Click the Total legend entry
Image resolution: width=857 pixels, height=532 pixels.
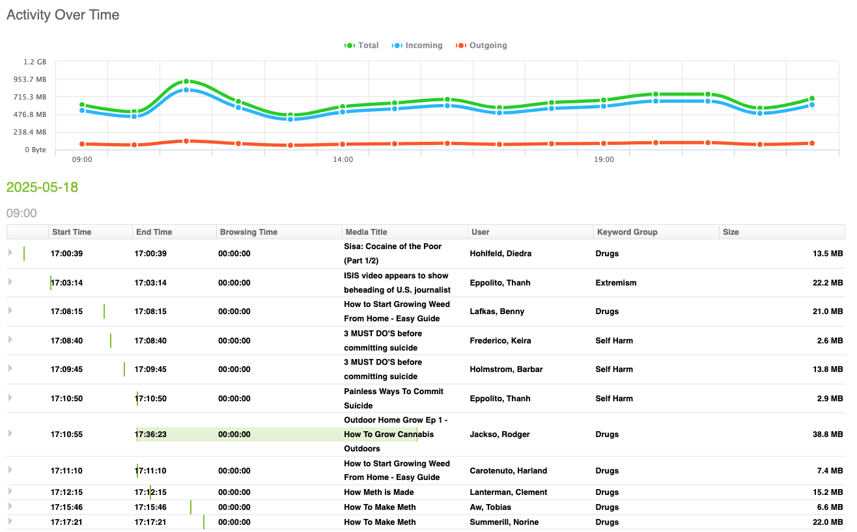[361, 46]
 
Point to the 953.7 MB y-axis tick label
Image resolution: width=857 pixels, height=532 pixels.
[31, 79]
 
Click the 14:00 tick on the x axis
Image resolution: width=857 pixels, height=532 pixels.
[343, 159]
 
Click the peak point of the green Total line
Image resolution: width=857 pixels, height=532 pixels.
[186, 81]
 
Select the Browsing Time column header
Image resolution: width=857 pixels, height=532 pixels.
[248, 232]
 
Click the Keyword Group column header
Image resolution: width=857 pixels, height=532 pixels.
[626, 232]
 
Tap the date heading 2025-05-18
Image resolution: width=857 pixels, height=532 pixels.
[42, 187]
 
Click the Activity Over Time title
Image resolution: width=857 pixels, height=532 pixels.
[63, 15]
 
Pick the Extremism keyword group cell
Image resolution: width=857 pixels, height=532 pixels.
[615, 283]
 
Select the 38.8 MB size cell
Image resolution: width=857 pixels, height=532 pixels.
[828, 434]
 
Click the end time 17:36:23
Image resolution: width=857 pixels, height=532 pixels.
[150, 434]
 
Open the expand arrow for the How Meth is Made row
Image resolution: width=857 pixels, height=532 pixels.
[10, 492]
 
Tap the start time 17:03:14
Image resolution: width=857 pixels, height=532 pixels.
[66, 283]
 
